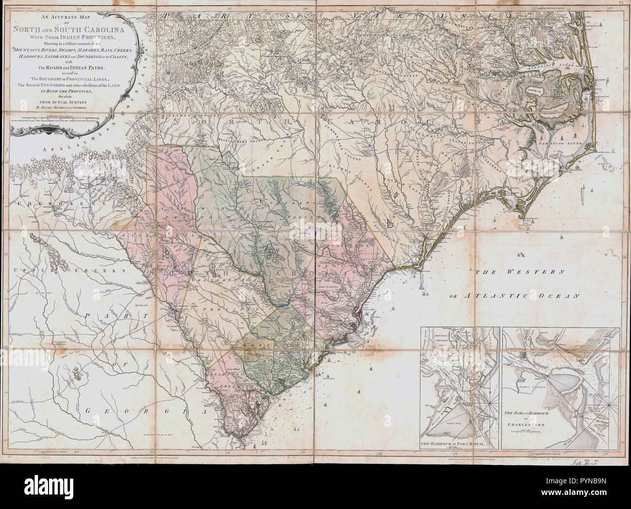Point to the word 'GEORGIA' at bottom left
click(146, 410)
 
